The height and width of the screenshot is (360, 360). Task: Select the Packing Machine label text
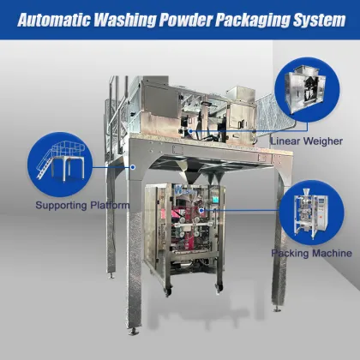311,254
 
